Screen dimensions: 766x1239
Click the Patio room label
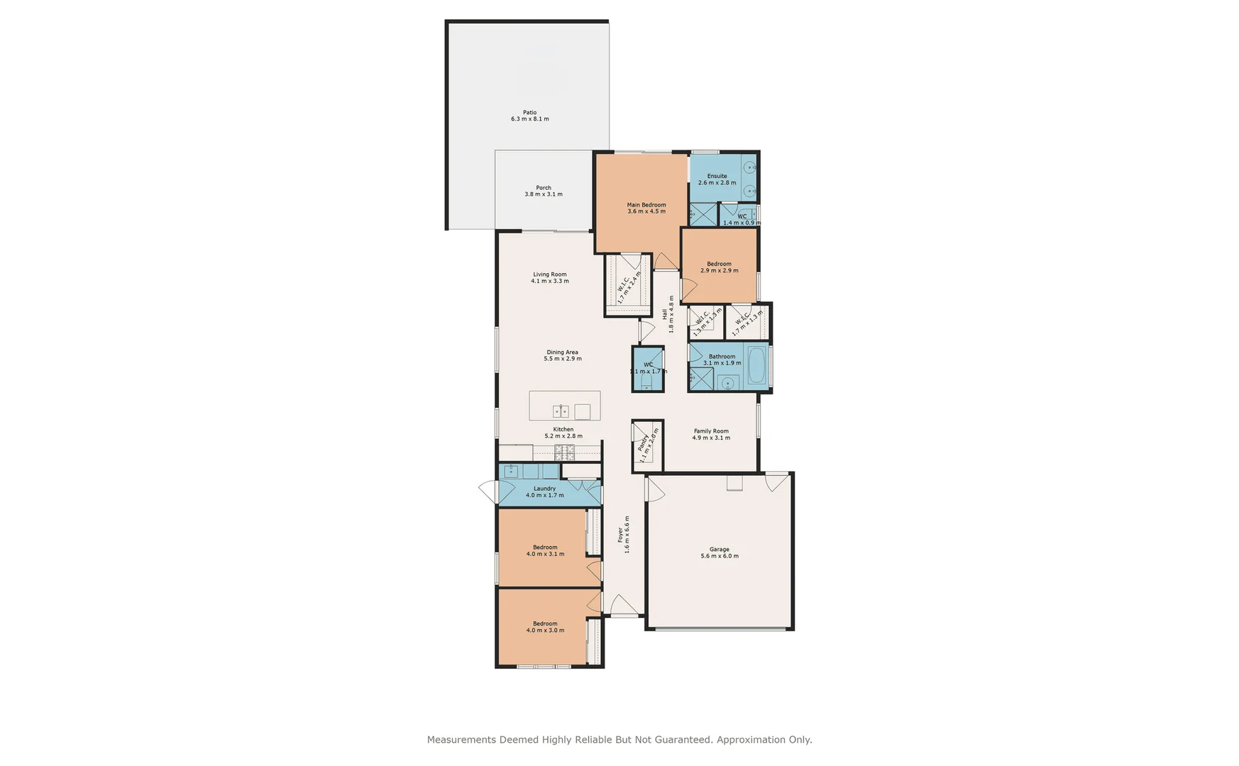529,112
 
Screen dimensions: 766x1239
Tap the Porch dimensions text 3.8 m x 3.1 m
544,194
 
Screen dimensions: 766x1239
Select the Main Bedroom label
646,205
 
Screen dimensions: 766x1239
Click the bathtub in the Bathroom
756,365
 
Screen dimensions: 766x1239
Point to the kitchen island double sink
561,411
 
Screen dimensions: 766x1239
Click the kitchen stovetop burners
564,452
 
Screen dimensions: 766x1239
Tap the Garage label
719,549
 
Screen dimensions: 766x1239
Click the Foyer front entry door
624,606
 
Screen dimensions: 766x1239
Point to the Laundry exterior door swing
488,491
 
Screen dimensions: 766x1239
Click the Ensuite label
717,176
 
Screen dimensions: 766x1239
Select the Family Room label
711,431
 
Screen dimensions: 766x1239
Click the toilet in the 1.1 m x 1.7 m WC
646,383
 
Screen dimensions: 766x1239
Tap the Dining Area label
562,352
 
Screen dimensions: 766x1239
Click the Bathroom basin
727,384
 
